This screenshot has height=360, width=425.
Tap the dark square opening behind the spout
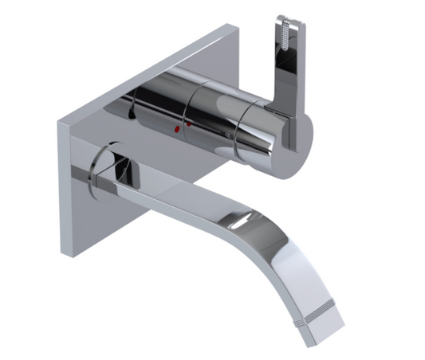coord(124,169)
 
